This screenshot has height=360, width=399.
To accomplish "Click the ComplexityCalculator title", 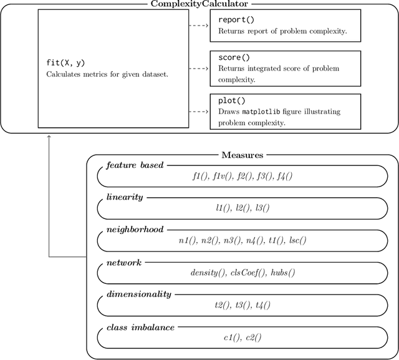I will coord(199,4).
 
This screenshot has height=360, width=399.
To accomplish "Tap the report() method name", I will coord(236,20).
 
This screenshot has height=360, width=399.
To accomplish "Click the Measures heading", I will coord(242,155).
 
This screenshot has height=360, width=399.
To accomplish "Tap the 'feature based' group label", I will coord(135,165).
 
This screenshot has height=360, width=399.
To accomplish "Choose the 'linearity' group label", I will coord(125,197).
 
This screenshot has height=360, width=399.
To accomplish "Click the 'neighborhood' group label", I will coord(135,230).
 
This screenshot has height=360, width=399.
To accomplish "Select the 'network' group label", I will coord(123,262).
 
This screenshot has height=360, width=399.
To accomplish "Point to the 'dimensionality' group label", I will coord(138,294).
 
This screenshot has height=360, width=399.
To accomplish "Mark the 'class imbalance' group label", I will coord(140,326).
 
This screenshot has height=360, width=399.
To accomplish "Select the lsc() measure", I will coord(296,240).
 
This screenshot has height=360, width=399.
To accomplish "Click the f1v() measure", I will coord(220,176).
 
